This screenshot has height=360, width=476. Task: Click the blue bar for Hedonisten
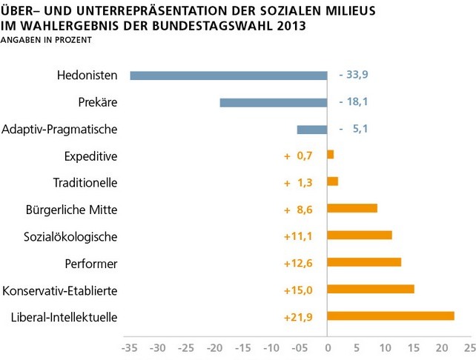click(x=228, y=75)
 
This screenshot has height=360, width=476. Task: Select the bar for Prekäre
click(x=274, y=102)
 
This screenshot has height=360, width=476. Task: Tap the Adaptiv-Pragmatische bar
click(x=312, y=130)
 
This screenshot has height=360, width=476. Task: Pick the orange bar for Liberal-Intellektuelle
click(x=391, y=316)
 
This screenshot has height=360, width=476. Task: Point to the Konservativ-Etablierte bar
click(x=371, y=289)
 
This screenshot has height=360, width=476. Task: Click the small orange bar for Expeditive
click(x=331, y=155)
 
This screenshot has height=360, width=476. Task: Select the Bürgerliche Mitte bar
click(x=352, y=208)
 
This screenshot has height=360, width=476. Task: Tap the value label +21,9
click(x=300, y=317)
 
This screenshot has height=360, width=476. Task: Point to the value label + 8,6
click(x=300, y=209)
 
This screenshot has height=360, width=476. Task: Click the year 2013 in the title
click(x=285, y=27)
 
